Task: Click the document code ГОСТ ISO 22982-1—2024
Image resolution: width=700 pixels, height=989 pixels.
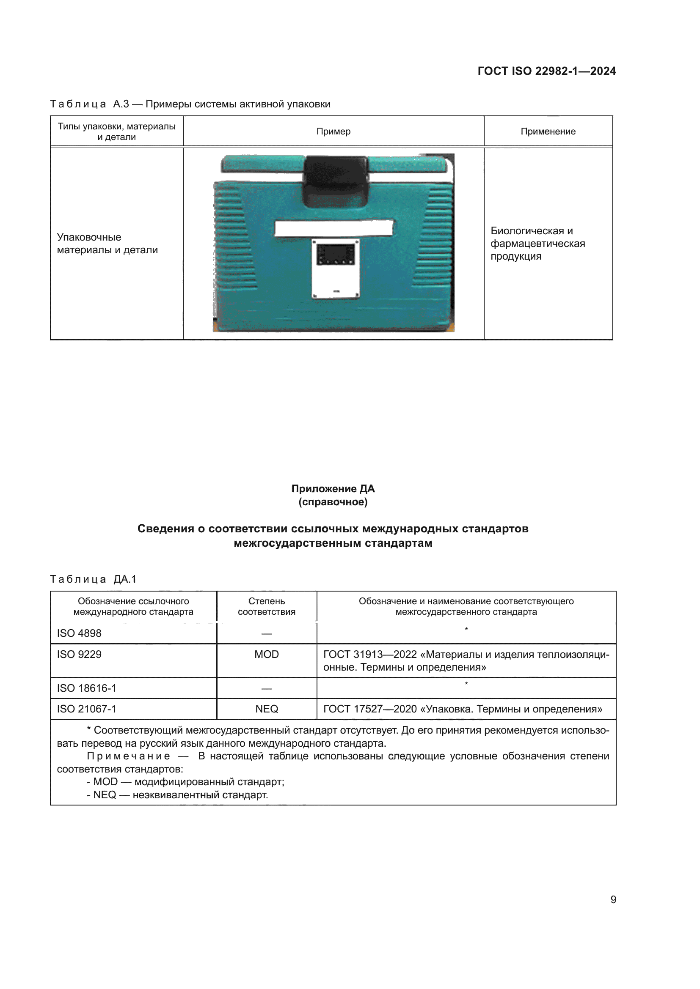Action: tap(546, 71)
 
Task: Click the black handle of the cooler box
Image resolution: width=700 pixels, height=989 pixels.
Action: tap(336, 181)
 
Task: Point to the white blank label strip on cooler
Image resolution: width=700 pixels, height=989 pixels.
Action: tap(333, 228)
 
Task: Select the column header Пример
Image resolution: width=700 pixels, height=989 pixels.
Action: tap(333, 132)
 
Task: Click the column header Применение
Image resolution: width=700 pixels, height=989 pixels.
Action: tap(548, 132)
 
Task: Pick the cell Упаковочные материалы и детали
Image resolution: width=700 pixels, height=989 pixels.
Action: tap(107, 244)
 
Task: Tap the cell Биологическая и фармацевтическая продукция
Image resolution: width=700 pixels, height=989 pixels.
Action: tap(537, 244)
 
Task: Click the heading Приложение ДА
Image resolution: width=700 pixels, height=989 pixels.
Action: tap(333, 488)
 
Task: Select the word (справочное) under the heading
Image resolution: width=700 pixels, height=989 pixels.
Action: tap(333, 502)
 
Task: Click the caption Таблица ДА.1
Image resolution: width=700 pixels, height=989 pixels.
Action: tap(93, 579)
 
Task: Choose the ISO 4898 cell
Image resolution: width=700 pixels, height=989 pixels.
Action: tap(79, 633)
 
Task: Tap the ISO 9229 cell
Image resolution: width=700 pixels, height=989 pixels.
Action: tap(79, 654)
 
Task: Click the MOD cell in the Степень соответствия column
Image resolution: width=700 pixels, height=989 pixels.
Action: tap(266, 654)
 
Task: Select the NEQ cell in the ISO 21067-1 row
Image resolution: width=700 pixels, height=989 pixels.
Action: tap(266, 709)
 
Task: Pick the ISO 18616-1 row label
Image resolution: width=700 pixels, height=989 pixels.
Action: tap(87, 688)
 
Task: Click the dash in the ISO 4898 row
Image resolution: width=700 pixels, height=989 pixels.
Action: tap(266, 634)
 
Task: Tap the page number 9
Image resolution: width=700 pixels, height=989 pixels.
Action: tap(613, 899)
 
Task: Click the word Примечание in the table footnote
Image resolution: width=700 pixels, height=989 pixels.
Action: tap(129, 756)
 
